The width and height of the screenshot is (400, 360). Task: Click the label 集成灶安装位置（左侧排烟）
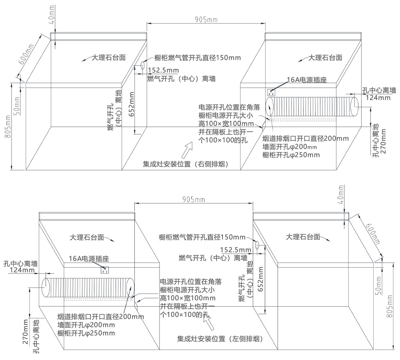220,339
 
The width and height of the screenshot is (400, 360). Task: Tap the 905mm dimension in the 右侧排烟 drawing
206,19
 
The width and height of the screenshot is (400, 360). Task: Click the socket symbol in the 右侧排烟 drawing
272,92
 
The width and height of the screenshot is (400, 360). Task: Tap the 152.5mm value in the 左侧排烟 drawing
236,250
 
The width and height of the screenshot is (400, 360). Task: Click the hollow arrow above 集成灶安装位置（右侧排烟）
186,150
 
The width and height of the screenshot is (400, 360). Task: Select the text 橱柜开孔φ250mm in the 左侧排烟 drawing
86,333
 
